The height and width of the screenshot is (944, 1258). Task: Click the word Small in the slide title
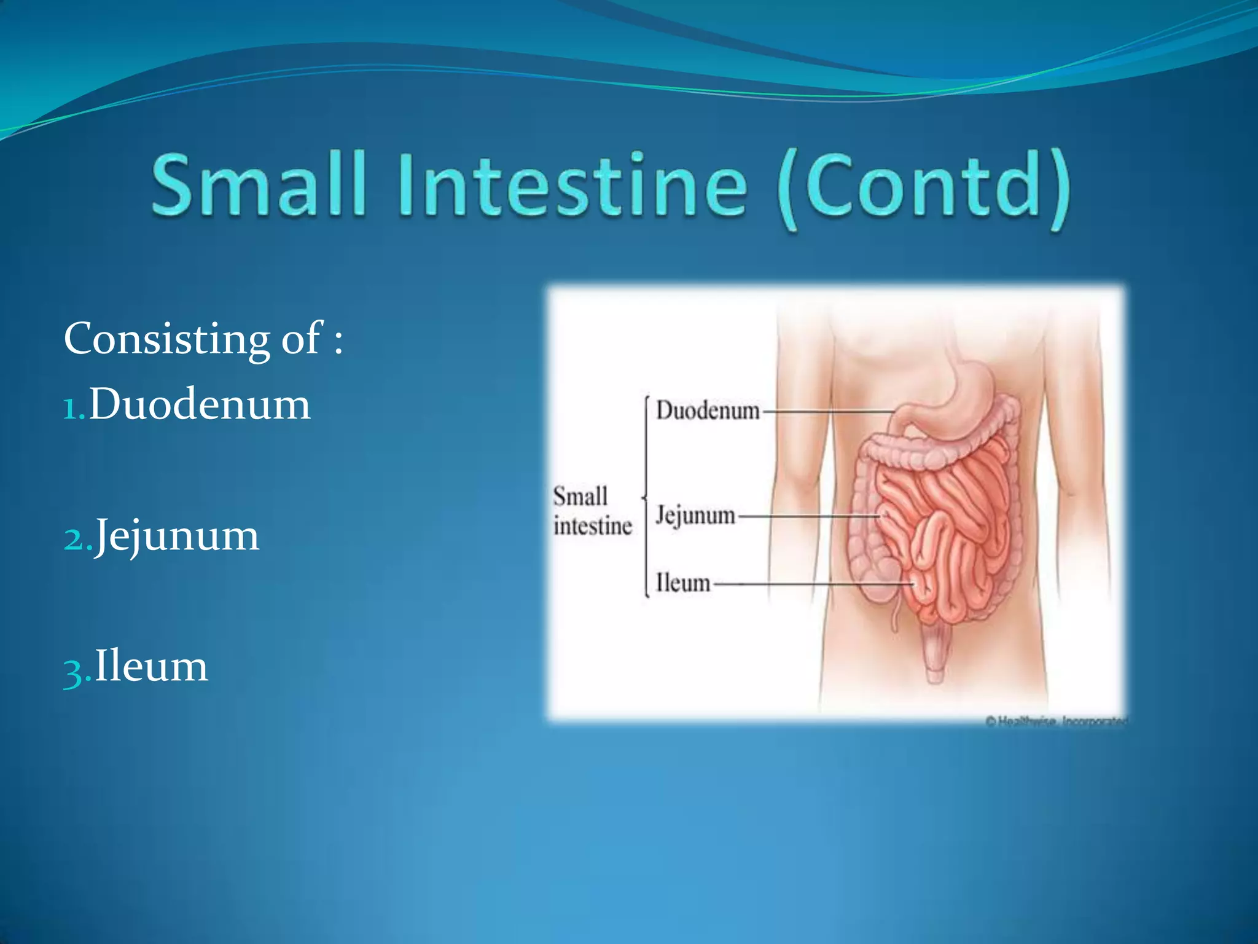(258, 184)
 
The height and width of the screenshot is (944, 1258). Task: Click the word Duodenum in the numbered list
(200, 404)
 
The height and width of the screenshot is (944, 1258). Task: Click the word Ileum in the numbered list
(151, 666)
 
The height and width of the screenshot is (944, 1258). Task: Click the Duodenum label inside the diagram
(708, 411)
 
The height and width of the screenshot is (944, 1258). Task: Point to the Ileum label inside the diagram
(682, 583)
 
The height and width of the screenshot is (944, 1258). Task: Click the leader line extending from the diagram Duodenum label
(826, 411)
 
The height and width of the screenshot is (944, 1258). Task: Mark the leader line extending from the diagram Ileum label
(811, 584)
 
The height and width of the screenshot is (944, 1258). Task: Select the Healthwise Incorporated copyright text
(1057, 722)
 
